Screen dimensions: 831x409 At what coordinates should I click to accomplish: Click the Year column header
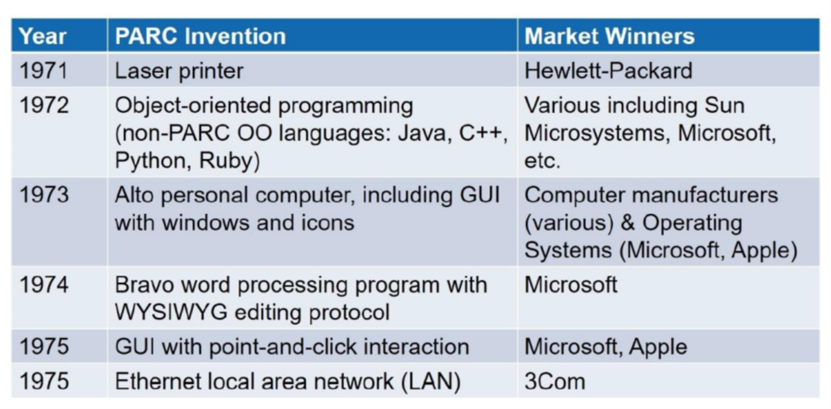tap(43, 36)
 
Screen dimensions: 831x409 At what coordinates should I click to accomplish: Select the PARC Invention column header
tap(201, 36)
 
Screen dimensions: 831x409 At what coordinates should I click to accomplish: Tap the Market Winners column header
tap(609, 36)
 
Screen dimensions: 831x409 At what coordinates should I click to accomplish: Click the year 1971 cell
tap(44, 71)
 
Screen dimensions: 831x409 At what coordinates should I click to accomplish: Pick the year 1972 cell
tap(44, 106)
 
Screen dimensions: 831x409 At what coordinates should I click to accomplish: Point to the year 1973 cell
tap(44, 195)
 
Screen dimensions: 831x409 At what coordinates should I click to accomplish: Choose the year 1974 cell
tap(44, 285)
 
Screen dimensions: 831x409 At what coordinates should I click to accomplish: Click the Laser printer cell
tap(179, 71)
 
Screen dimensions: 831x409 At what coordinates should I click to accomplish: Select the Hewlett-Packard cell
tap(609, 71)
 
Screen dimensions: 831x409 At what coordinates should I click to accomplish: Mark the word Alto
tap(133, 195)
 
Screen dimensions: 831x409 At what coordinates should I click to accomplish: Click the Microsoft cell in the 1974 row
tap(571, 285)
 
